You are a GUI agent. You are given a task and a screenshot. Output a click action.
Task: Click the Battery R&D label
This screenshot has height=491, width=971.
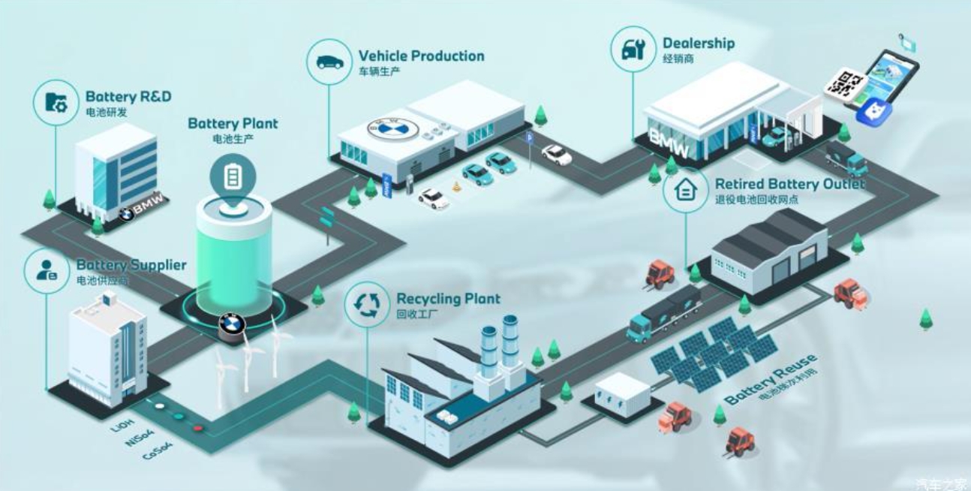tap(128, 97)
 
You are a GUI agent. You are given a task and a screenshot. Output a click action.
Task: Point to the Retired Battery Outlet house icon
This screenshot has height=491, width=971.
tap(684, 191)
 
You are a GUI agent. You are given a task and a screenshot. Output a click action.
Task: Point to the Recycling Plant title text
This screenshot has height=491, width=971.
tap(448, 300)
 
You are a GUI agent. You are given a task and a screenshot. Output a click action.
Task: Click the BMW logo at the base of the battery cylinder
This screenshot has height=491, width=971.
tap(233, 325)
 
